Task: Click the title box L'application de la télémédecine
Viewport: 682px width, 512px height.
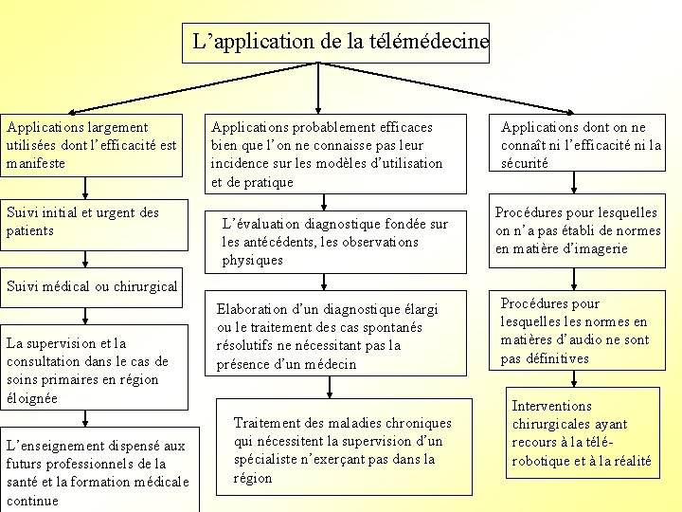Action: pos(335,43)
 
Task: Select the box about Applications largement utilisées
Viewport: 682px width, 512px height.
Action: pos(91,145)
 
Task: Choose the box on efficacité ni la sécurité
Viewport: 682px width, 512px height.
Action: pos(581,145)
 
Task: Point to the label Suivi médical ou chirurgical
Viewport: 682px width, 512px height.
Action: pos(92,285)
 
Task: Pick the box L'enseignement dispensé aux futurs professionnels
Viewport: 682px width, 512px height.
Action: pos(98,472)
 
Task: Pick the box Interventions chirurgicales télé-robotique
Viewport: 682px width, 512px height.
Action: pos(582,433)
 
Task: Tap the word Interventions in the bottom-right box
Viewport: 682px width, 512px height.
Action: pos(551,406)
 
